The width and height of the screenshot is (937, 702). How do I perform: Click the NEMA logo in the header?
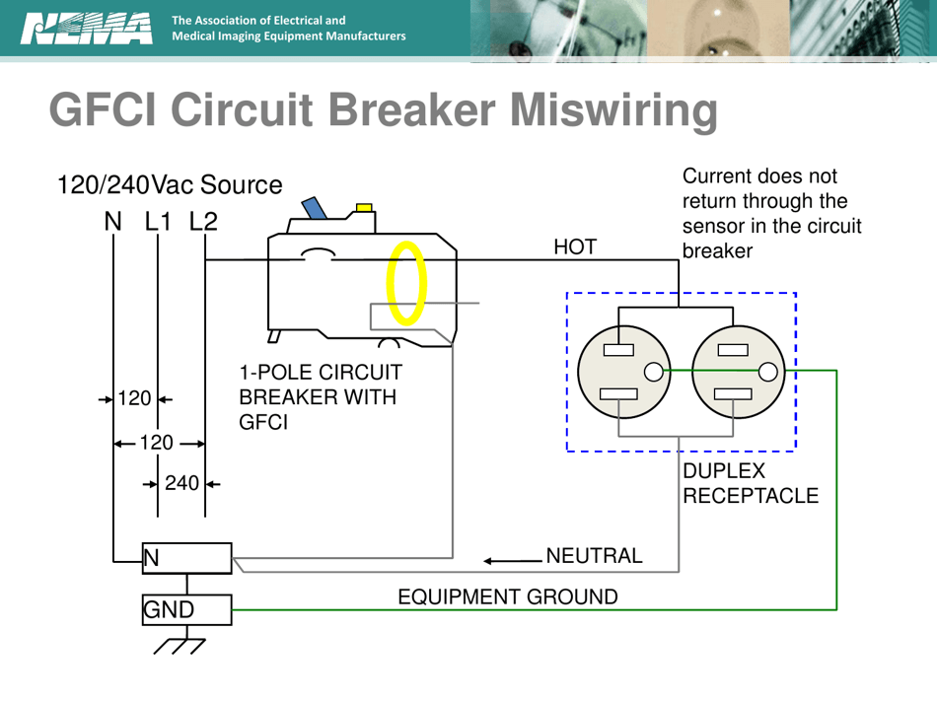click(x=86, y=29)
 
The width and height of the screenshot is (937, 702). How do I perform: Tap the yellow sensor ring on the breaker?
click(x=406, y=284)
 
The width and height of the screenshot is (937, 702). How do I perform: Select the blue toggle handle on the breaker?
click(x=316, y=208)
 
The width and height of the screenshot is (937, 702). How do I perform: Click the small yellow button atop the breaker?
click(x=364, y=207)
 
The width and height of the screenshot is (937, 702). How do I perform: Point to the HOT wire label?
click(x=575, y=247)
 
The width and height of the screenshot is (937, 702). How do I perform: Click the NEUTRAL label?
click(x=594, y=556)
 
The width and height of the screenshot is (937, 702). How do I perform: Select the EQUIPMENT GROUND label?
click(x=508, y=597)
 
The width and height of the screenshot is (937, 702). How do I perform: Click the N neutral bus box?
click(x=186, y=558)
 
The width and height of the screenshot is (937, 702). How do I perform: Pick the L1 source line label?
click(x=158, y=222)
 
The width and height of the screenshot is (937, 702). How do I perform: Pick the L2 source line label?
click(x=203, y=222)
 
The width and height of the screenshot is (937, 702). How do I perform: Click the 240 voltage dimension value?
click(x=182, y=483)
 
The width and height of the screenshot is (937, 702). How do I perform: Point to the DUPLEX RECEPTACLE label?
click(x=750, y=484)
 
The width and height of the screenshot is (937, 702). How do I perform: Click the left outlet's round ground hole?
click(x=653, y=372)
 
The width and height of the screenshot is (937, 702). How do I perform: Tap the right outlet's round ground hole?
click(x=768, y=372)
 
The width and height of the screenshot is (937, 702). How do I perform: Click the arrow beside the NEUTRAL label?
click(x=511, y=561)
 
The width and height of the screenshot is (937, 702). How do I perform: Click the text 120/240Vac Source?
click(x=170, y=184)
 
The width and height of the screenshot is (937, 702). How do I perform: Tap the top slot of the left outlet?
click(x=618, y=349)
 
